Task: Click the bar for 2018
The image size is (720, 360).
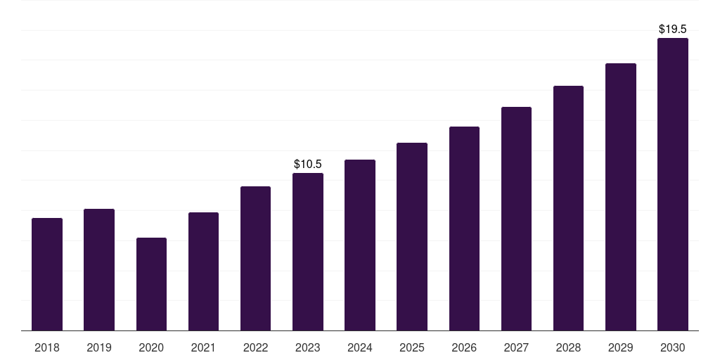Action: pos(47,274)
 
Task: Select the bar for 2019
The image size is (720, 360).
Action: pos(99,270)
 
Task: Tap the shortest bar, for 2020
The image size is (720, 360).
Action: pos(151,284)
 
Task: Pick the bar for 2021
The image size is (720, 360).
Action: pos(203,271)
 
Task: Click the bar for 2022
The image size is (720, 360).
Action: pos(255,259)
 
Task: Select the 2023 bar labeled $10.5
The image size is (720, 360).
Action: pos(308,252)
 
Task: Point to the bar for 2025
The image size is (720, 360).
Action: pos(412,237)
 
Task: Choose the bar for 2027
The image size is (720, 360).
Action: pos(516,219)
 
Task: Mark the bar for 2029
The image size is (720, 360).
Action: pos(621,197)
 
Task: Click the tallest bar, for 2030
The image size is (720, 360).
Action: pos(673,184)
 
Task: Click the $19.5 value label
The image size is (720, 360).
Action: pos(673,30)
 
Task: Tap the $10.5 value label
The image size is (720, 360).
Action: pos(308,165)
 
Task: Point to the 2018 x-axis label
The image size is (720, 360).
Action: pos(47,347)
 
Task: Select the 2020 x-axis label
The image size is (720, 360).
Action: pos(151,347)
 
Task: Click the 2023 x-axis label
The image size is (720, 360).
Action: pos(308,347)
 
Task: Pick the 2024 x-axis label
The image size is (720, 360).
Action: pos(360,347)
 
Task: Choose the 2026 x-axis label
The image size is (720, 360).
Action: pos(464,347)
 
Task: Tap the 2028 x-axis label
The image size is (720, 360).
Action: pos(568,347)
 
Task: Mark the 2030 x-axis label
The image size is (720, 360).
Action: pos(673,347)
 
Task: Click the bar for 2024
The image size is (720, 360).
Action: pos(360,245)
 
